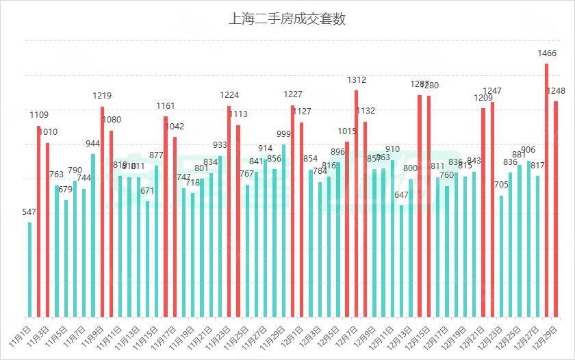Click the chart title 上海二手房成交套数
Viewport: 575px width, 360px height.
287,19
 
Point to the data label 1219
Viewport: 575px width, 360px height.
102,96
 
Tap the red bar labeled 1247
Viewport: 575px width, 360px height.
492,209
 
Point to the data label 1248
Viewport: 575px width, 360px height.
557,91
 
